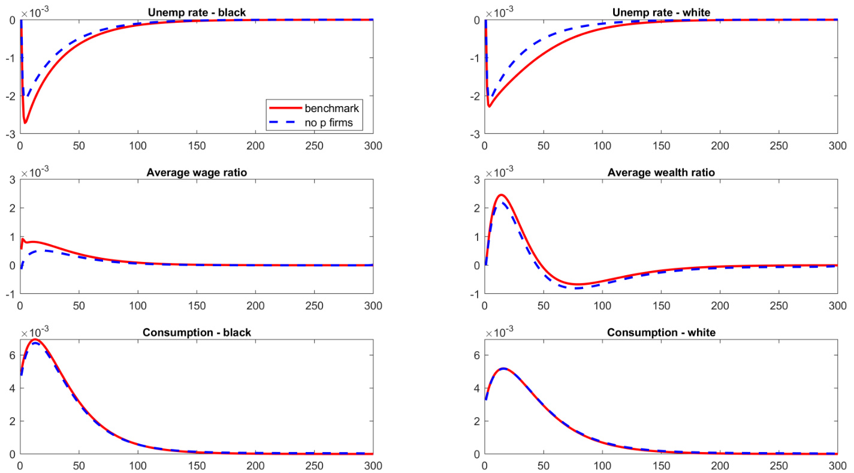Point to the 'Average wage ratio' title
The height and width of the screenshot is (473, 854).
click(x=196, y=173)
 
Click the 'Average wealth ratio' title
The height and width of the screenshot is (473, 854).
click(x=660, y=173)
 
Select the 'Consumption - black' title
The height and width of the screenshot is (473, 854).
click(x=196, y=332)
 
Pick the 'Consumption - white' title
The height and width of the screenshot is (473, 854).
click(x=660, y=332)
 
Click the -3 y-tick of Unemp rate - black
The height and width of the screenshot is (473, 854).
click(x=11, y=134)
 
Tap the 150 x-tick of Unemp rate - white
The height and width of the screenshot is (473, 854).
click(x=661, y=145)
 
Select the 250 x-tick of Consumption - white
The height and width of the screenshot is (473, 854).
click(x=778, y=465)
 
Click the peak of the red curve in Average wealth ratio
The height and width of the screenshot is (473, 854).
click(x=501, y=195)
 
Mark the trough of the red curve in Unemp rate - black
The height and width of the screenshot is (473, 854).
click(x=25, y=123)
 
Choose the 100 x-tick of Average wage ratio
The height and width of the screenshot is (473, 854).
click(x=137, y=305)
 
